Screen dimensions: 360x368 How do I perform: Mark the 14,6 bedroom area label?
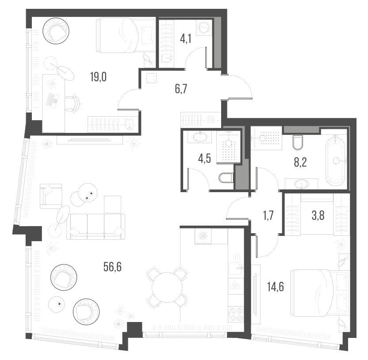[x=275, y=287]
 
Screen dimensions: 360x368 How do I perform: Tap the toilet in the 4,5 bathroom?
[x=226, y=178]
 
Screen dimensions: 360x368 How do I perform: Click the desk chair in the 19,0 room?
[x=74, y=103]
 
